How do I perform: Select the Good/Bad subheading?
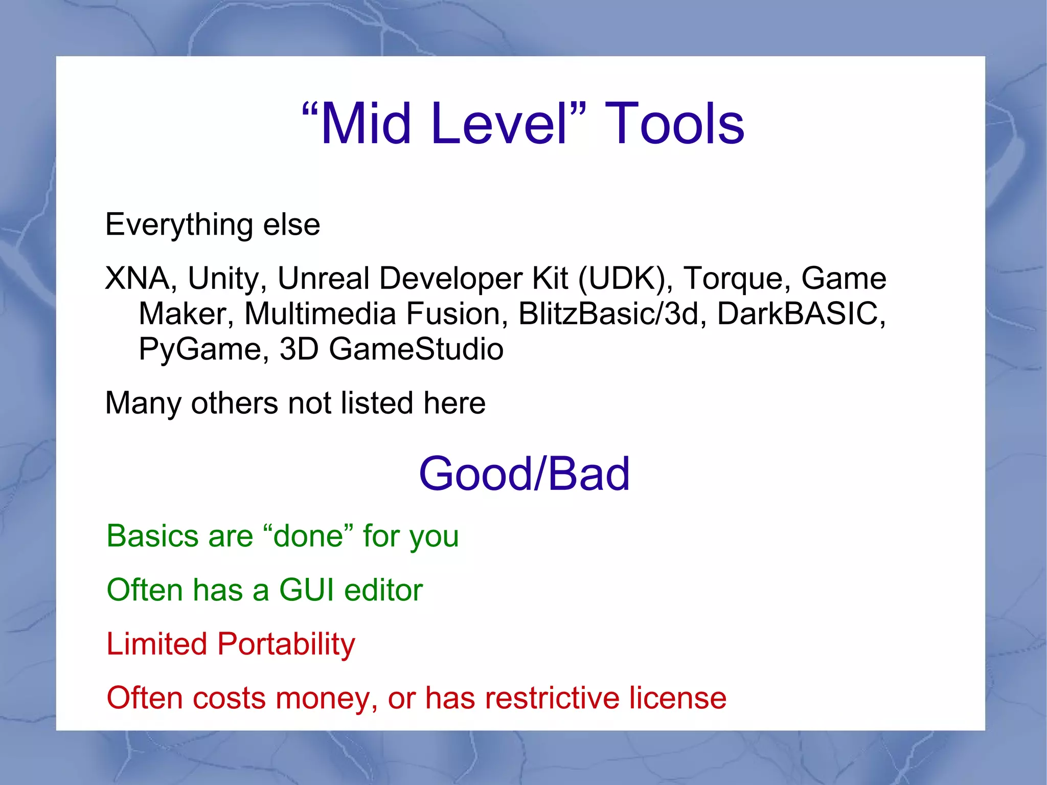click(x=524, y=474)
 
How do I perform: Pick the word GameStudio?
click(x=416, y=349)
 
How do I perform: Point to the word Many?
click(x=143, y=403)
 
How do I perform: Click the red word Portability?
click(x=286, y=644)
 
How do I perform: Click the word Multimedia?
click(x=320, y=313)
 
